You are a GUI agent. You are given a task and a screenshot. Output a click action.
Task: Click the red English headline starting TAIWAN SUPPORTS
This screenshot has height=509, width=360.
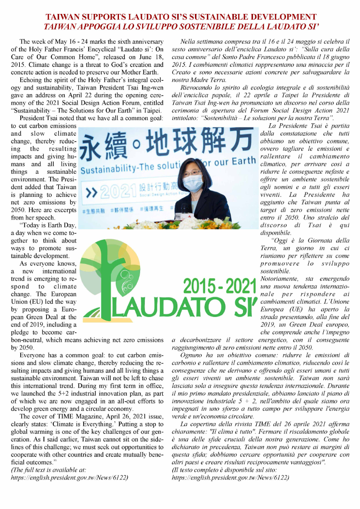click(181, 17)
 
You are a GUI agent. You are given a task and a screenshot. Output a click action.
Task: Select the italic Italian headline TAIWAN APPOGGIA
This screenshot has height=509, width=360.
click(181, 27)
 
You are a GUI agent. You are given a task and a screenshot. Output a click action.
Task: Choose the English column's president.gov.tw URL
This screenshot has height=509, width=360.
click(69, 477)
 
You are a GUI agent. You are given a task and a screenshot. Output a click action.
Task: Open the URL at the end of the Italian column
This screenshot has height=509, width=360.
click(230, 477)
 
